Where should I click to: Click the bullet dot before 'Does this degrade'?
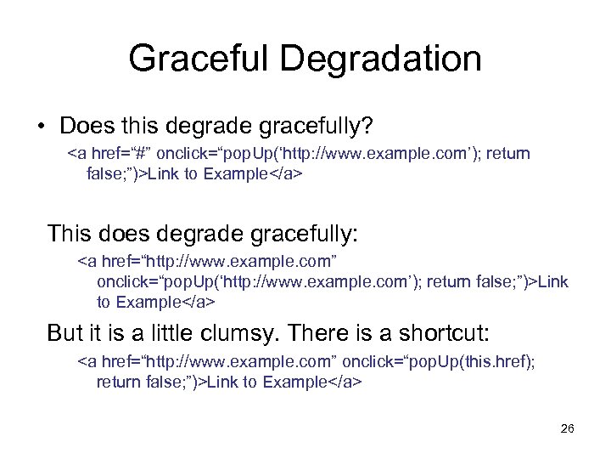click(x=41, y=127)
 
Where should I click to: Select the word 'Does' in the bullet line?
click(x=82, y=127)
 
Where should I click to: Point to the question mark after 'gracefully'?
click(x=367, y=127)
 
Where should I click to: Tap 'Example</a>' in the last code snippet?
click(x=313, y=382)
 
